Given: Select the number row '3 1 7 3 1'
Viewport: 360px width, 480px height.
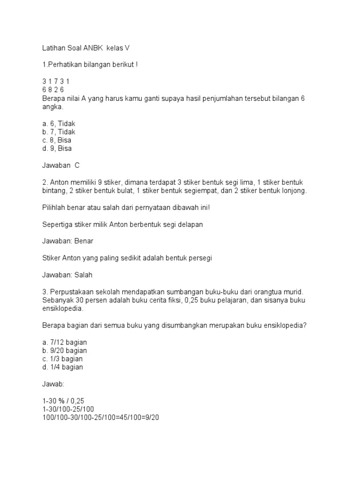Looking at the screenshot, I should (55, 82).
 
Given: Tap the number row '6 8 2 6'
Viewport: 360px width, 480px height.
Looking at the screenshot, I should (52, 90).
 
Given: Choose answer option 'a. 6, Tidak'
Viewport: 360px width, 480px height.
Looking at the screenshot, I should (59, 124).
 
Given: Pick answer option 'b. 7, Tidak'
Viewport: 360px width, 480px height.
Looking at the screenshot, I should (59, 132).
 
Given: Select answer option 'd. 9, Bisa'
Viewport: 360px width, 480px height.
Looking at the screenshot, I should (57, 149).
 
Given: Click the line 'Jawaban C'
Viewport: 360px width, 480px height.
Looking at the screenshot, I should (61, 165).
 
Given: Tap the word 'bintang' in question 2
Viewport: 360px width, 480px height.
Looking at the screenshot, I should (53, 191).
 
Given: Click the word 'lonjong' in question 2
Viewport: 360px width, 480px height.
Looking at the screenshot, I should (293, 191).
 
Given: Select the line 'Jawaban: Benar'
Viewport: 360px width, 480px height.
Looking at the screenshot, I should (67, 241).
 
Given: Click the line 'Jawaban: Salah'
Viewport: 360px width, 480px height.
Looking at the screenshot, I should (67, 275).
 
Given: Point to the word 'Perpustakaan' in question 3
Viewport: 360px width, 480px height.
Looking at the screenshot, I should (69, 292).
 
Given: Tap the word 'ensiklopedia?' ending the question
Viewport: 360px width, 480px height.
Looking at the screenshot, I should (285, 325).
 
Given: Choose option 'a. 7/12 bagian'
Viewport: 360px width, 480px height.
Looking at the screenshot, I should (64, 342).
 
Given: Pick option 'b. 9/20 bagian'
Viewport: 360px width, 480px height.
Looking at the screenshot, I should (64, 351).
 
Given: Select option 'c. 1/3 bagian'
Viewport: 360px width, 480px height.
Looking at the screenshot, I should (62, 359).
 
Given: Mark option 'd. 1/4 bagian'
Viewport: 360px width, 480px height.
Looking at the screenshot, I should (62, 367).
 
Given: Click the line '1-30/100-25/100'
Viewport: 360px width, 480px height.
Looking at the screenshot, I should (67, 409).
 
